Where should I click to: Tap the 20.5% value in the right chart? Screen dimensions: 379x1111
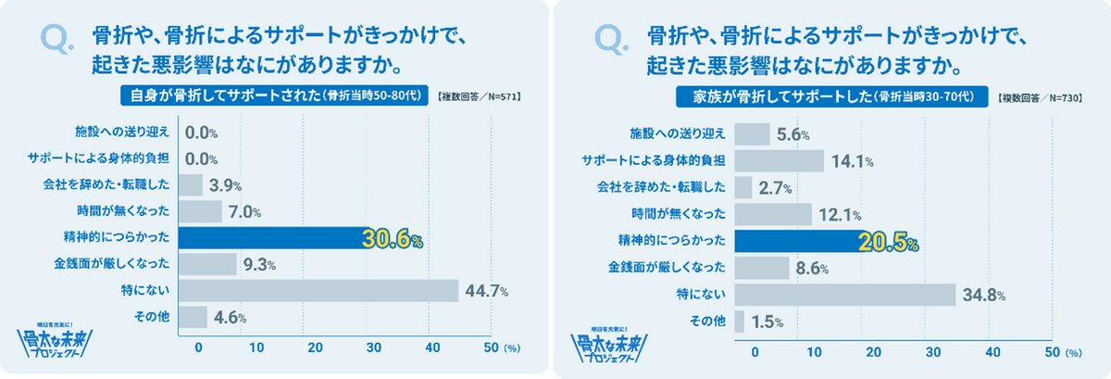click(887, 242)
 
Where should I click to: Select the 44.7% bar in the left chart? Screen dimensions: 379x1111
click(318, 291)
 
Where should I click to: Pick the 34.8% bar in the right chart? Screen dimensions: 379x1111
click(844, 295)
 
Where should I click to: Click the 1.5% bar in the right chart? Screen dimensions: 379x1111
click(739, 322)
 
